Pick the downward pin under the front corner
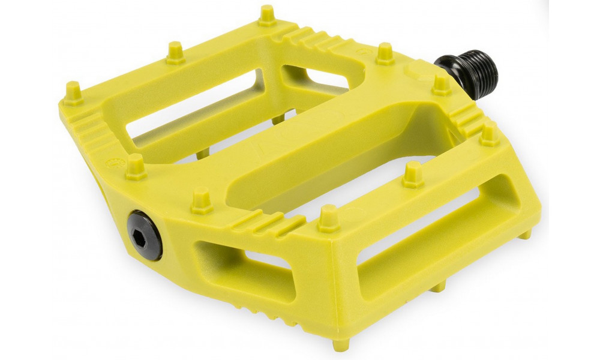coord(340,344)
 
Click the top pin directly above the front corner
coord(328,218)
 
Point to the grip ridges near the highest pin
coord(312,39)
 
